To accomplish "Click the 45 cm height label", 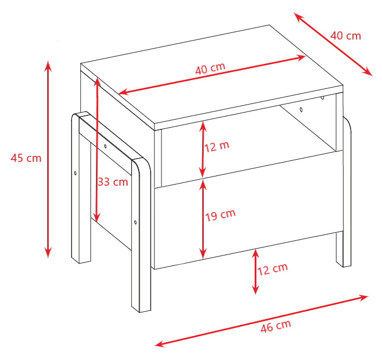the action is (x=26, y=158).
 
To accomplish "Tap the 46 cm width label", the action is (x=276, y=326).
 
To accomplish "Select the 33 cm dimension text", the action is (x=113, y=182).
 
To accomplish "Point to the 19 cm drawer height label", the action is (x=220, y=215).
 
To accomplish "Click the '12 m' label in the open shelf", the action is (x=217, y=147).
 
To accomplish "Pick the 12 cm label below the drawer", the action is (x=273, y=269).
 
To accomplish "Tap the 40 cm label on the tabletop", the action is (x=210, y=68).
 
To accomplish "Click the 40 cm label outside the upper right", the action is (x=346, y=36).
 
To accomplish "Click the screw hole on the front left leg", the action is (x=135, y=222).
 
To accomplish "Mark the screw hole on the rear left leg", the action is (x=75, y=173).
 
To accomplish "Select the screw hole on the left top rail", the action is (x=105, y=146).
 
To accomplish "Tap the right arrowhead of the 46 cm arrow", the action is (x=364, y=297).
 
